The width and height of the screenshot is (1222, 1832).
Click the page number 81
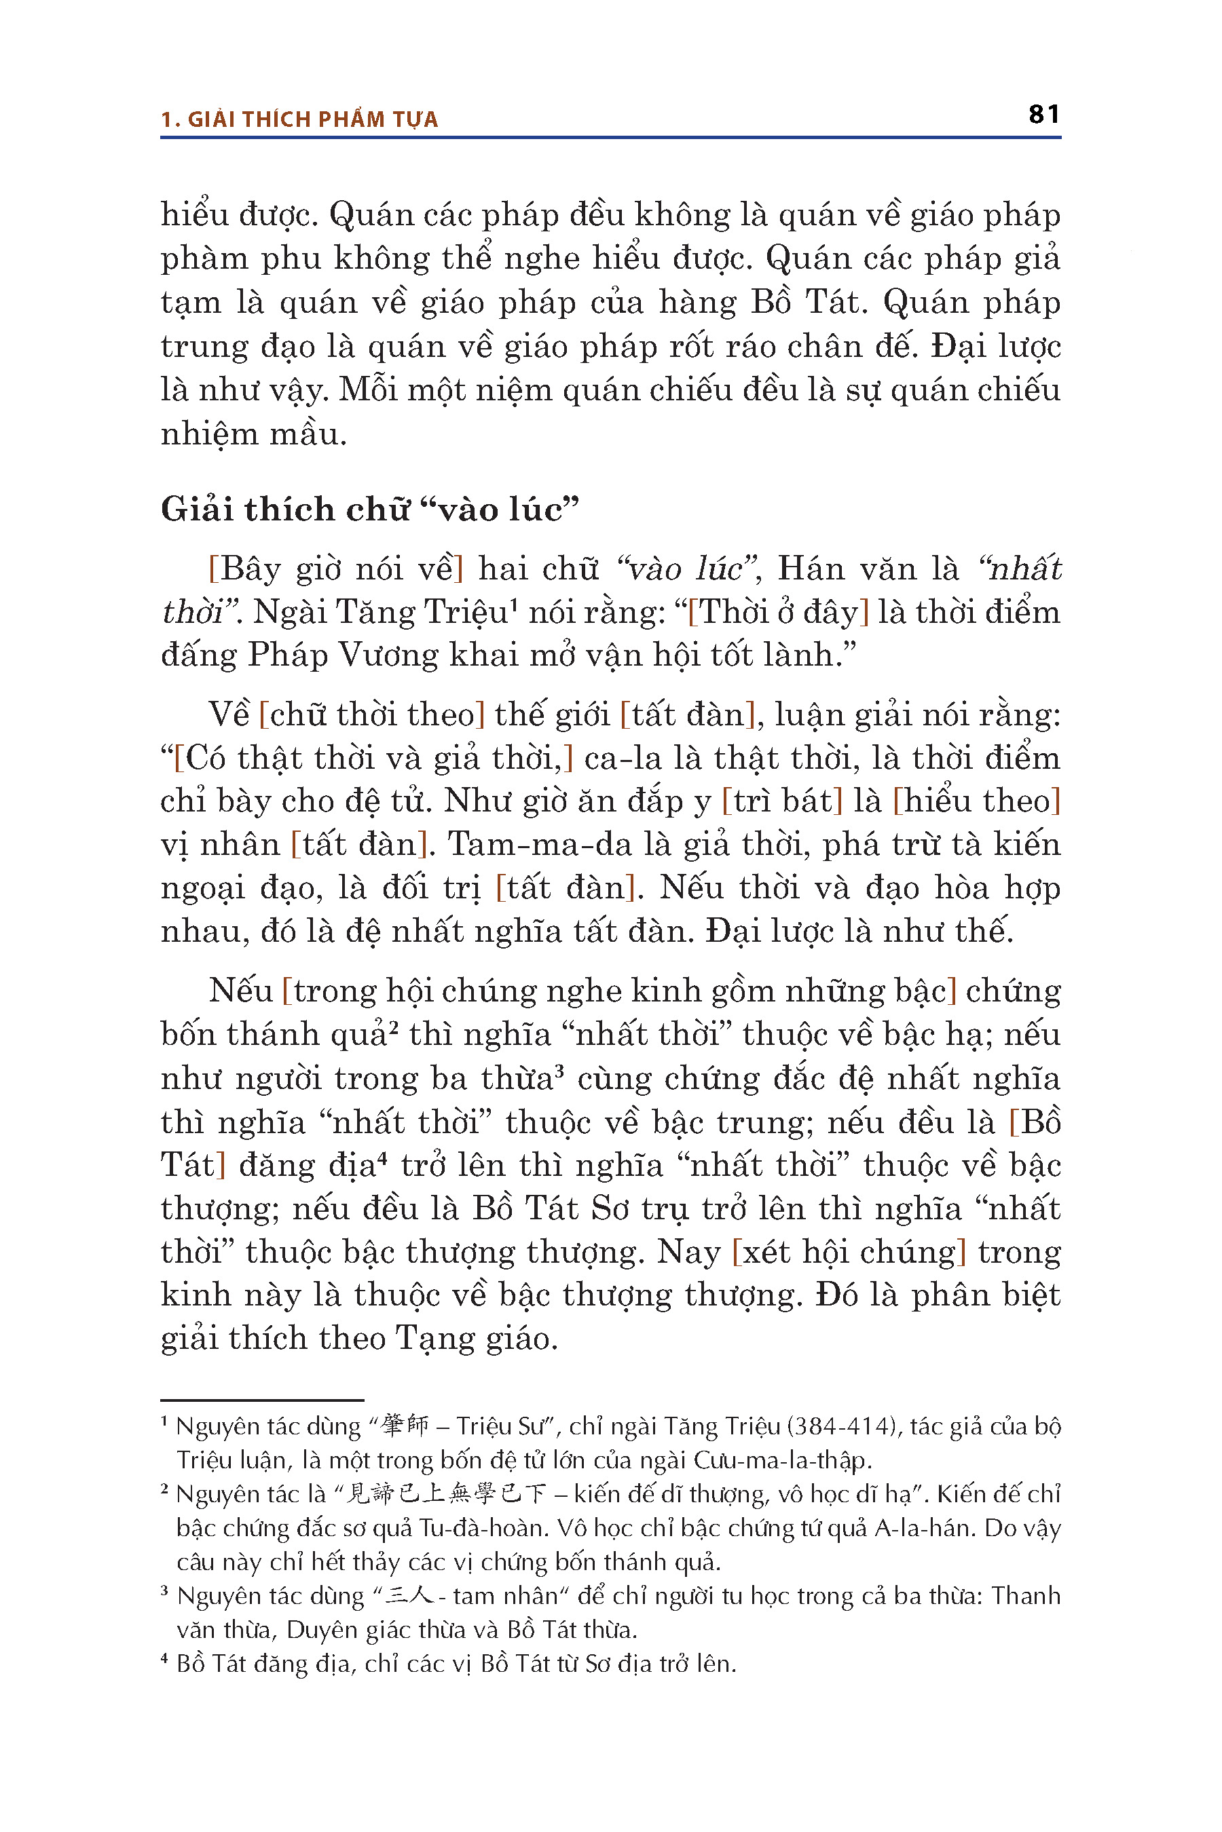pyautogui.click(x=1043, y=115)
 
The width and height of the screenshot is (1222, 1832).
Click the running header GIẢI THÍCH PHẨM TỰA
pyautogui.click(x=312, y=119)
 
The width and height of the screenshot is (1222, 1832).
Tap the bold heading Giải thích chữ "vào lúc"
pyautogui.click(x=370, y=510)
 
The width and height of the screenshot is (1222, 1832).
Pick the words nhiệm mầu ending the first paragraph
pyautogui.click(x=253, y=434)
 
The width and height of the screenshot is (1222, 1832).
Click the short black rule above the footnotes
pyautogui.click(x=262, y=1400)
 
